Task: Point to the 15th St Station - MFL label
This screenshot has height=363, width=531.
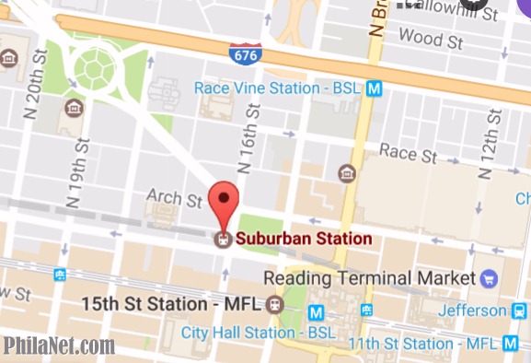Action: click(171, 303)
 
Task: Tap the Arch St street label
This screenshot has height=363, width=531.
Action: click(174, 198)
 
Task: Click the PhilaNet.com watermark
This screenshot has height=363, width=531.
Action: click(58, 346)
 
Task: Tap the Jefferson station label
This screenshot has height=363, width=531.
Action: click(472, 310)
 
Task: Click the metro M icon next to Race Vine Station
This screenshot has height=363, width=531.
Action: click(374, 88)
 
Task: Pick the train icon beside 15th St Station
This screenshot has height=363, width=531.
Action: click(273, 304)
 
